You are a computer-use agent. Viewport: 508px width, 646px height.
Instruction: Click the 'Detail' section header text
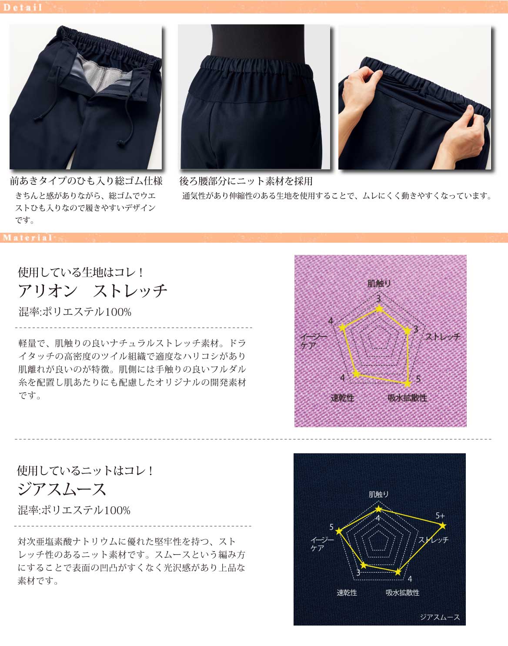pyautogui.click(x=23, y=7)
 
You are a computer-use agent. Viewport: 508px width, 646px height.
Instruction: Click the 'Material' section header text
pyautogui.click(x=28, y=238)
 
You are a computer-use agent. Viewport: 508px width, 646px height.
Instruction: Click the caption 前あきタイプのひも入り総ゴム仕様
pyautogui.click(x=86, y=181)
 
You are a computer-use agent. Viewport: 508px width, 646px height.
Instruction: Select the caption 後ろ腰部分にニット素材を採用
pyautogui.click(x=246, y=181)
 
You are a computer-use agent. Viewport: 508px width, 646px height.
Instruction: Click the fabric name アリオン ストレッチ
pyautogui.click(x=93, y=291)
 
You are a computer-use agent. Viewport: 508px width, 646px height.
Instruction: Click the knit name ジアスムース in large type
pyautogui.click(x=62, y=489)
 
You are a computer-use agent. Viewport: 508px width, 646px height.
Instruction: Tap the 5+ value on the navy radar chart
pyautogui.click(x=440, y=516)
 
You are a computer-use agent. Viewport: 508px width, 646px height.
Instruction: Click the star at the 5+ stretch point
pyautogui.click(x=443, y=526)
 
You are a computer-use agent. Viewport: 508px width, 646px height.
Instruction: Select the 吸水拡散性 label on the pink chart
pyautogui.click(x=407, y=398)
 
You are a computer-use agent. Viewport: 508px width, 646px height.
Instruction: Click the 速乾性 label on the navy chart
pyautogui.click(x=347, y=592)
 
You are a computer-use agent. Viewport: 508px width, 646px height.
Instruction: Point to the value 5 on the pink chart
pyautogui.click(x=418, y=379)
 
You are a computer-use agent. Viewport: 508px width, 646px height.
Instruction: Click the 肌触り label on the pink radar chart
pyautogui.click(x=379, y=283)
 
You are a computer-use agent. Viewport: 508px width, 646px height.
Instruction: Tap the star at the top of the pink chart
pyautogui.click(x=380, y=308)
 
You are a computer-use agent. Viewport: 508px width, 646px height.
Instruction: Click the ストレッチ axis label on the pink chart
pyautogui.click(x=443, y=337)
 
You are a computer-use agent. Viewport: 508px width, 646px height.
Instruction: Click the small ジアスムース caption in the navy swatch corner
pyautogui.click(x=440, y=617)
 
